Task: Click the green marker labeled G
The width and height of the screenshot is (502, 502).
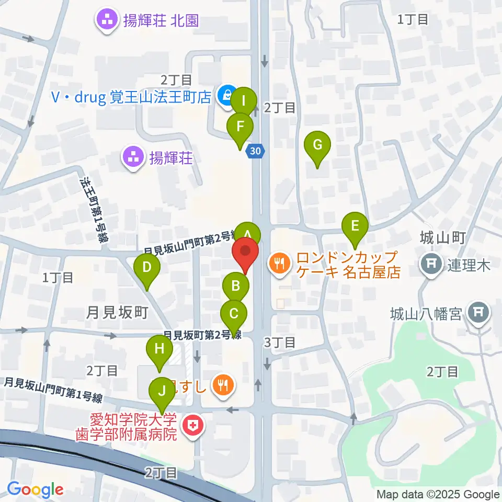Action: tap(317, 145)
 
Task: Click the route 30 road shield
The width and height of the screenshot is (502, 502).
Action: tap(255, 151)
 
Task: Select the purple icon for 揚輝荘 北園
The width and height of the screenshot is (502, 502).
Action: tap(108, 20)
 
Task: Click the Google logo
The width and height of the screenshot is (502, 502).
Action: tap(36, 490)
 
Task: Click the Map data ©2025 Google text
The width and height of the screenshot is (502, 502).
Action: tap(438, 494)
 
